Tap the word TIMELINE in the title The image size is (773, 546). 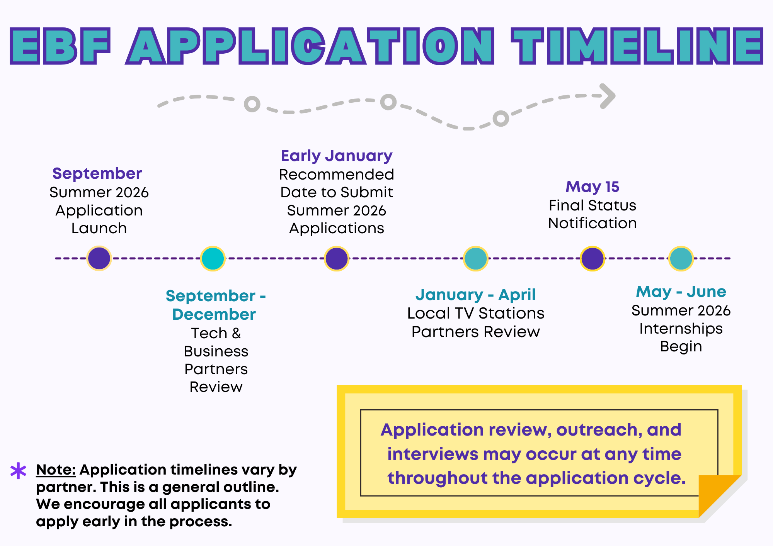637,46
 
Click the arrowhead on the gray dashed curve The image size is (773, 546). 608,96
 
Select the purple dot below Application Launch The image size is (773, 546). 99,258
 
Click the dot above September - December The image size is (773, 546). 213,258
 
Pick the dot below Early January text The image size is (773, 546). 337,258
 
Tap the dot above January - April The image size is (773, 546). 475,258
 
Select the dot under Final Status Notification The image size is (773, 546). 592,258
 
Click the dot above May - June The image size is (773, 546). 681,258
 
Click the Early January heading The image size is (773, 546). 336,156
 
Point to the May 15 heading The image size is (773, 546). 592,187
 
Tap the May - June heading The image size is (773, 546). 681,292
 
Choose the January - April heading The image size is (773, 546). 475,295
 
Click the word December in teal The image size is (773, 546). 214,314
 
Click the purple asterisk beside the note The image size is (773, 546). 18,471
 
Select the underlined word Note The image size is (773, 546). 55,470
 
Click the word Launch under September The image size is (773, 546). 99,228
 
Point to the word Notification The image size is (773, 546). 592,223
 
